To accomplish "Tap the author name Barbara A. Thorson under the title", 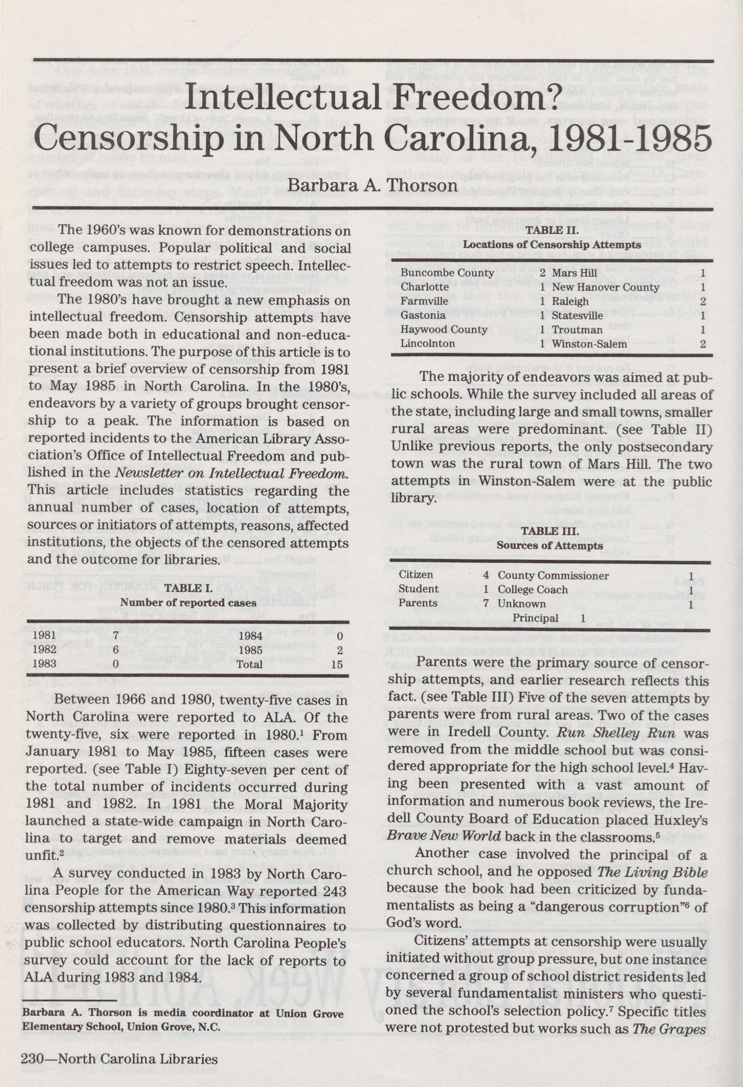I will [372, 186].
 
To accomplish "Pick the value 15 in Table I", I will [336, 664].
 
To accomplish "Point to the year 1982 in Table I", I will [45, 649].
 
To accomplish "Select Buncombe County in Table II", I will [448, 273].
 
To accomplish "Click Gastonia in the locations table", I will [423, 315].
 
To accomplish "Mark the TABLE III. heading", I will [550, 531].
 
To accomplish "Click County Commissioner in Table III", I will [553, 576].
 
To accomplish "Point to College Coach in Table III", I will [532, 590].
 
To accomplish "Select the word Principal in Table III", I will [535, 618].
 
